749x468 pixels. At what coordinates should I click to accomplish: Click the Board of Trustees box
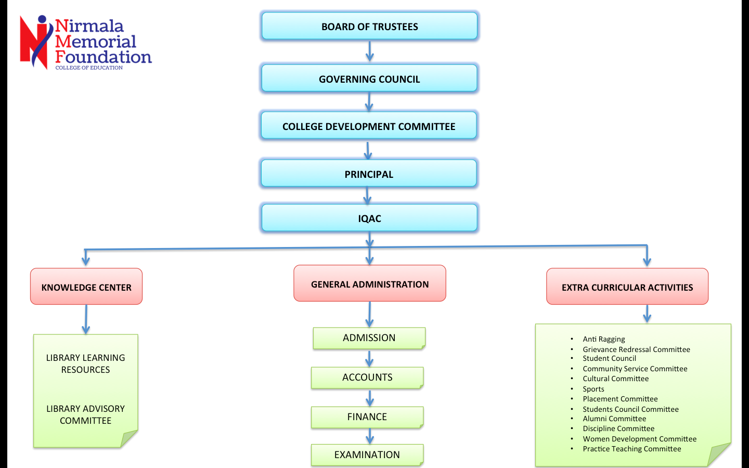point(369,27)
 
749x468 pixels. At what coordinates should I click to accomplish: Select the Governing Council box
point(369,79)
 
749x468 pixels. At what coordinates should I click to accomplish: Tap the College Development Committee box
point(369,126)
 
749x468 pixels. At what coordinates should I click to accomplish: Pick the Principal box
point(369,174)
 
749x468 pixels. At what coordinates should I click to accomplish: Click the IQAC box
point(369,218)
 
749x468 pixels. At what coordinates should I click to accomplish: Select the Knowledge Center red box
point(86,287)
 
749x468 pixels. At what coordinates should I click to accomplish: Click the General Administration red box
point(370,284)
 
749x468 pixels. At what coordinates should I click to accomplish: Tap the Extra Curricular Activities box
point(627,287)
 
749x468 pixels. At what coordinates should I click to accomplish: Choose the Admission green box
point(369,338)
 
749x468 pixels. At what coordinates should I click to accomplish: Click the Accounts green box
point(367,378)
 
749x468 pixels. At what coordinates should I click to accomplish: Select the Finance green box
point(367,417)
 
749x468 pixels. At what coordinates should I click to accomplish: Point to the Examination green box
point(367,455)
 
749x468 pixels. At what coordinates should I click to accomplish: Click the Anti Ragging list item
point(603,339)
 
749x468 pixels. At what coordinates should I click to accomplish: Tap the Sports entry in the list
point(593,389)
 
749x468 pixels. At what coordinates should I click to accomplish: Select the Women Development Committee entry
point(639,439)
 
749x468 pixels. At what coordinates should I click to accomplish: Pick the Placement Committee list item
point(620,399)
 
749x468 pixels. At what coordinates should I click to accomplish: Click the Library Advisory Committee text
point(86,414)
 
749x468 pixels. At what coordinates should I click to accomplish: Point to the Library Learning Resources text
point(86,363)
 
